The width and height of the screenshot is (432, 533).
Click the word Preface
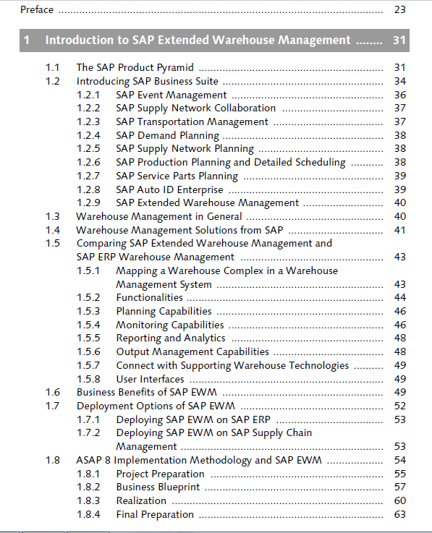pyautogui.click(x=37, y=9)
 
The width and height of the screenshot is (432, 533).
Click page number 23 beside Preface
pyautogui.click(x=400, y=9)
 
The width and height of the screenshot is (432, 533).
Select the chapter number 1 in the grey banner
pyautogui.click(x=27, y=40)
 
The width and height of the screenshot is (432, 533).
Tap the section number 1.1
pyautogui.click(x=52, y=67)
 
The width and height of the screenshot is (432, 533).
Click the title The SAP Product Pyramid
pyautogui.click(x=135, y=67)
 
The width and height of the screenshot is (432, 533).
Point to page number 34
pyautogui.click(x=400, y=81)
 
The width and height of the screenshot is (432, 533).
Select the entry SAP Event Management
pyautogui.click(x=171, y=95)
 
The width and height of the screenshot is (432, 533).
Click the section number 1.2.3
pyautogui.click(x=88, y=121)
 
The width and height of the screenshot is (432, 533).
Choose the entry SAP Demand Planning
pyautogui.click(x=168, y=135)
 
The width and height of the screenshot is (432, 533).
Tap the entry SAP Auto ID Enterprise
pyautogui.click(x=169, y=189)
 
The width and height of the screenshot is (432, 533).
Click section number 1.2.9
pyautogui.click(x=88, y=202)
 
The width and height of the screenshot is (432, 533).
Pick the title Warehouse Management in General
pyautogui.click(x=159, y=216)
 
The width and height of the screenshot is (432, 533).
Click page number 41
pyautogui.click(x=400, y=230)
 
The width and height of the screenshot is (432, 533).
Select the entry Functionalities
pyautogui.click(x=150, y=297)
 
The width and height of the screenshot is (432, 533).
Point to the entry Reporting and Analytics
pyautogui.click(x=171, y=338)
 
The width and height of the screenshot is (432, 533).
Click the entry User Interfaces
pyautogui.click(x=150, y=379)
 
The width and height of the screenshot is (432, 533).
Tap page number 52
pyautogui.click(x=400, y=406)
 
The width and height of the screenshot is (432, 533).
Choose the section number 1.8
pyautogui.click(x=53, y=460)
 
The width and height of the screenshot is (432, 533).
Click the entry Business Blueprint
pyautogui.click(x=158, y=487)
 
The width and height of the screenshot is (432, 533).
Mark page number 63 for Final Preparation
pyautogui.click(x=400, y=514)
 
